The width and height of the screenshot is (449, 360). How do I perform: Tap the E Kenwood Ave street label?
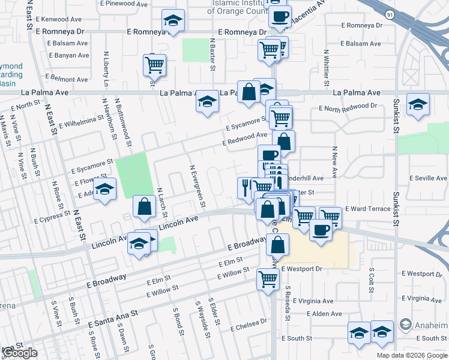pyautogui.click(x=59, y=20)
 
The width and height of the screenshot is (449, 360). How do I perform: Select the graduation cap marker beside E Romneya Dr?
pyautogui.click(x=173, y=22)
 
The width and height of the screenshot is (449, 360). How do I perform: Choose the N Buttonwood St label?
pyautogui.click(x=126, y=128)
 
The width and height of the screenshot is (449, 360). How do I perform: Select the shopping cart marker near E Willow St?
pyautogui.click(x=268, y=278)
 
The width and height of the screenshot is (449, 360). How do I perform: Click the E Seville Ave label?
pyautogui.click(x=429, y=178)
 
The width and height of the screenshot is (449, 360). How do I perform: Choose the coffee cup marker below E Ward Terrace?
pyautogui.click(x=321, y=230)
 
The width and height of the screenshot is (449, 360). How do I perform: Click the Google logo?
pyautogui.click(x=19, y=353)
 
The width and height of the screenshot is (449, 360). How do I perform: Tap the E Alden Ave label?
pyautogui.click(x=324, y=314)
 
